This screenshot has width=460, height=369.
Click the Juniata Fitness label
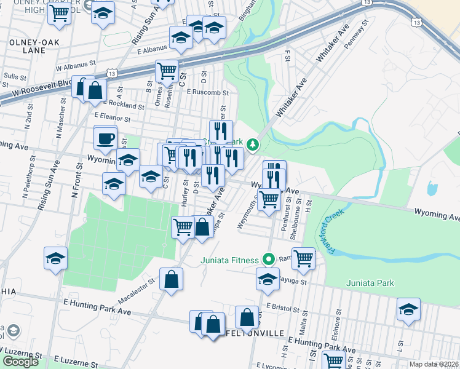[x=229, y=260]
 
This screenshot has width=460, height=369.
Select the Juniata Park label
[x=370, y=283]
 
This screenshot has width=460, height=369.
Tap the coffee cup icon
[x=105, y=137]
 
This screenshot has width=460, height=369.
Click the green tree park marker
[x=252, y=145]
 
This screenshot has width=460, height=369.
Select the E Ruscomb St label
[x=208, y=92]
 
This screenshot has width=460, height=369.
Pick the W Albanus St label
[x=76, y=63]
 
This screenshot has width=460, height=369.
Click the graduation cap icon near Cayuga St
[x=268, y=278]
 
